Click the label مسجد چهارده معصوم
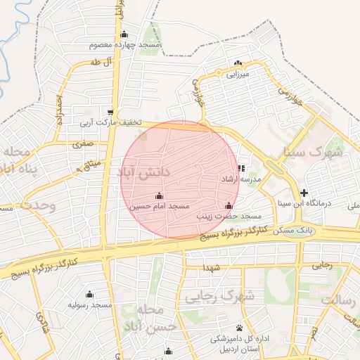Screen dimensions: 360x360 (125, 45)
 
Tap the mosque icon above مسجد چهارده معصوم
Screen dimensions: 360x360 (124, 34)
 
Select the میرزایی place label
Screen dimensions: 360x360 (237, 72)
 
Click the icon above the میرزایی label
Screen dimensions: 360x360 (237, 63)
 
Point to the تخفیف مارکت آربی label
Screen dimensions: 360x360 (109, 122)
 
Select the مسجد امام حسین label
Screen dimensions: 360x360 (160, 207)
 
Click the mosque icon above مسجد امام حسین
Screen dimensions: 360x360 (159, 195)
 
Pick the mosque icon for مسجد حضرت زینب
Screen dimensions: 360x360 (228, 206)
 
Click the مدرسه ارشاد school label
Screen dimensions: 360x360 (240, 179)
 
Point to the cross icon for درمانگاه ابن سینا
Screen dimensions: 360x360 (304, 193)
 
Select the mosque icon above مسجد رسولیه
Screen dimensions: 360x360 (89, 295)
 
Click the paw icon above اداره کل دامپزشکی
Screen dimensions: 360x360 (240, 328)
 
